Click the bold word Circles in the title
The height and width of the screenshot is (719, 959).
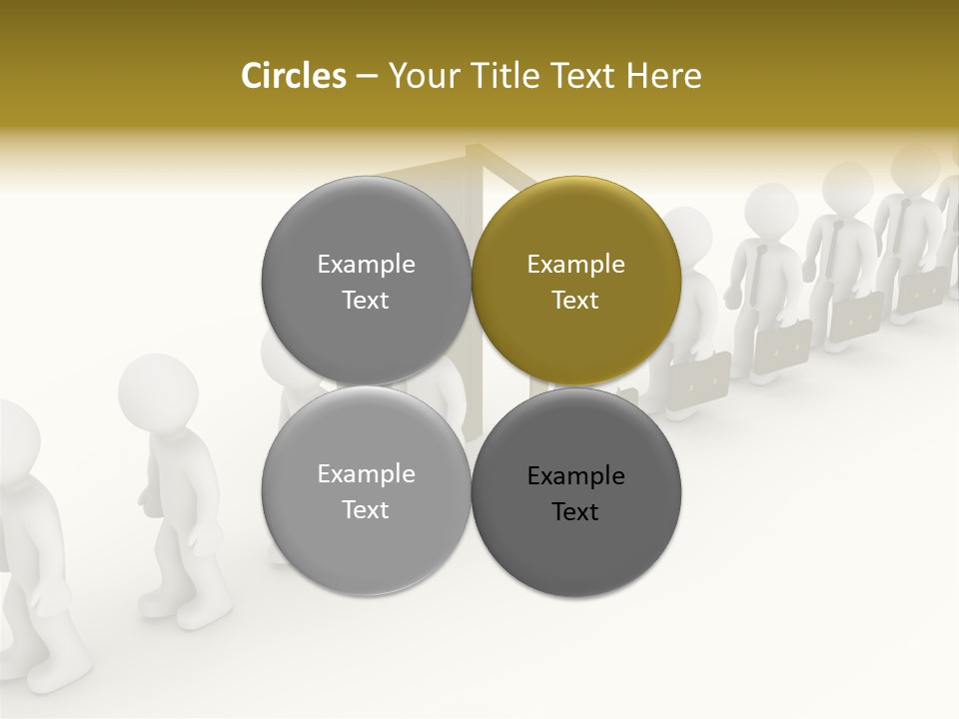click(293, 76)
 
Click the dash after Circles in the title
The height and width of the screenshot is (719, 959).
click(366, 77)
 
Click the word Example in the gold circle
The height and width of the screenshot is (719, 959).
click(575, 265)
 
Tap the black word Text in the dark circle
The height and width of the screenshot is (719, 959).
click(575, 512)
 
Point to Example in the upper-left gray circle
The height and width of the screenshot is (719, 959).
click(366, 265)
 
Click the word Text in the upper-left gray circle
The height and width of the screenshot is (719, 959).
click(366, 301)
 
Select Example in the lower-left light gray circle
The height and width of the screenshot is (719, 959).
click(366, 474)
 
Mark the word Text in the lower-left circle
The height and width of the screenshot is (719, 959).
click(366, 510)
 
